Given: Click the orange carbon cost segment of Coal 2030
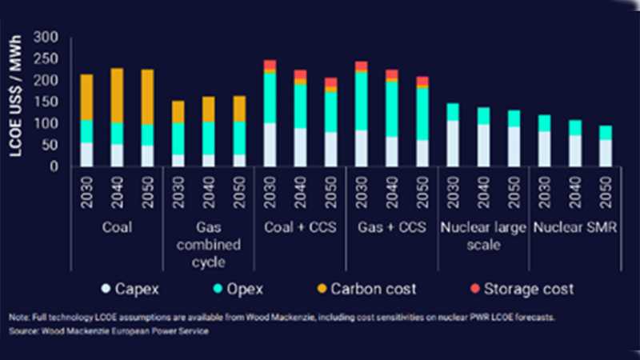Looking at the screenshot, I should (x=86, y=97).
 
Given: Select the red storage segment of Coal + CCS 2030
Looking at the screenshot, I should (x=270, y=65).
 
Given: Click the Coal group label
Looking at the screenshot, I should (x=117, y=227).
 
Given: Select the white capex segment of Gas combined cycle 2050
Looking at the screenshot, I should (x=239, y=160).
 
